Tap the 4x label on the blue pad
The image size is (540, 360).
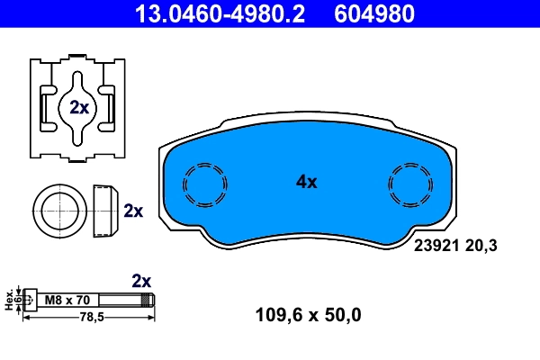[x=307, y=182]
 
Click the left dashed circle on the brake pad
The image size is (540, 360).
[x=205, y=186]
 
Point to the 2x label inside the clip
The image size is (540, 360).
[x=79, y=108]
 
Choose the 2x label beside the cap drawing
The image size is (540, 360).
[x=133, y=211]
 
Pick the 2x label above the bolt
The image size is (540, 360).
[x=141, y=280]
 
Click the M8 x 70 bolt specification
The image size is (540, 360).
[x=66, y=300]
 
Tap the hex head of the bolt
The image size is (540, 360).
[x=30, y=300]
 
